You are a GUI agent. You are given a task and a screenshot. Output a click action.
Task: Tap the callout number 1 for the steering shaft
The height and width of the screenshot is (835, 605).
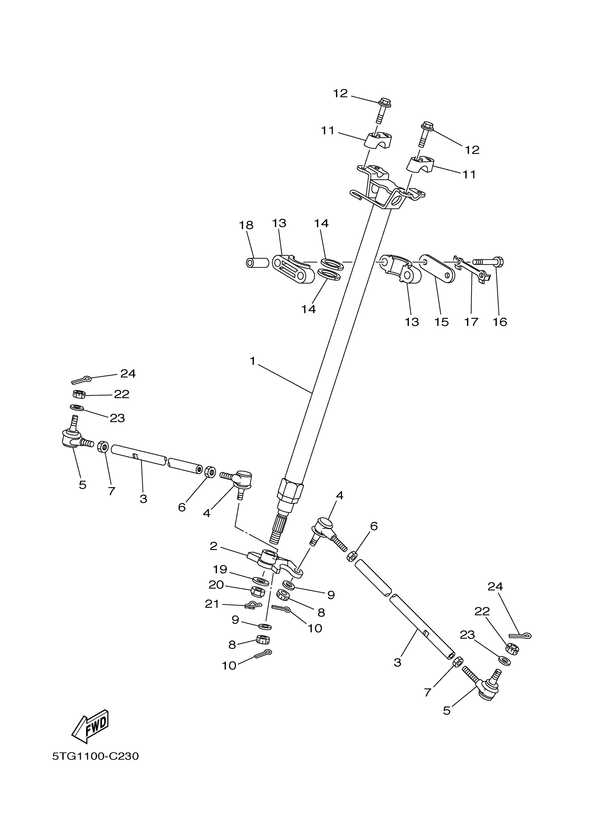coord(252,361)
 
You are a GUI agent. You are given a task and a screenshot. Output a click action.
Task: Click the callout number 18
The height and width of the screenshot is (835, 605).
coord(246,225)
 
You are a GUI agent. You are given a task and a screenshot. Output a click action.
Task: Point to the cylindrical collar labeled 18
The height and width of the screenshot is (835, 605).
coord(257,263)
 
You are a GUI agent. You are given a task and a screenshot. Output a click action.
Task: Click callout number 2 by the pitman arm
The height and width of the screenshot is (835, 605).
coord(214,546)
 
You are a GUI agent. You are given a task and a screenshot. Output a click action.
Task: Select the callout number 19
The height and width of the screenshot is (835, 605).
coord(220,570)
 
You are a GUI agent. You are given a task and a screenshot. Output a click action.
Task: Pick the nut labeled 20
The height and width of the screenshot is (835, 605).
coord(258,592)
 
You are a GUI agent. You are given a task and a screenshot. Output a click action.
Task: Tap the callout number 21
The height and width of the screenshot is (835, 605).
coord(212,604)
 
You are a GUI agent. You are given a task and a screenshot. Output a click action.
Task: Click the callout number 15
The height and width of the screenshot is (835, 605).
coord(441,322)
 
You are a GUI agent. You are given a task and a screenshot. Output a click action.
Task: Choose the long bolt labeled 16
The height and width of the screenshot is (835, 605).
coord(488,263)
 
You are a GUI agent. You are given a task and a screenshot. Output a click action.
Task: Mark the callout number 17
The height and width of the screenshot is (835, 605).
coord(471,322)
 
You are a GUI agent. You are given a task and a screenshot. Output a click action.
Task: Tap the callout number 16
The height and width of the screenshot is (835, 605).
coord(500,322)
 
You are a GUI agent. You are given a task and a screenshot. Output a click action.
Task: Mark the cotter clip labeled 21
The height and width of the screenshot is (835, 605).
coord(253,605)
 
